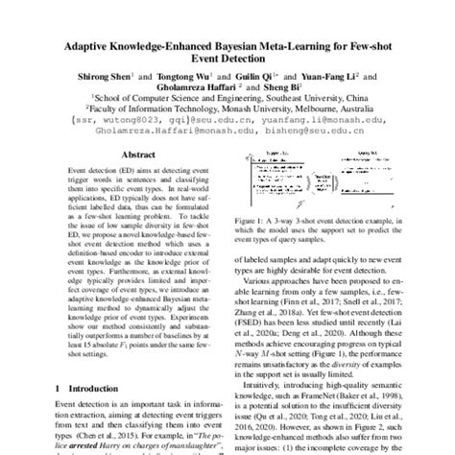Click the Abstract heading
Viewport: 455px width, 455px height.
coord(139,154)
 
